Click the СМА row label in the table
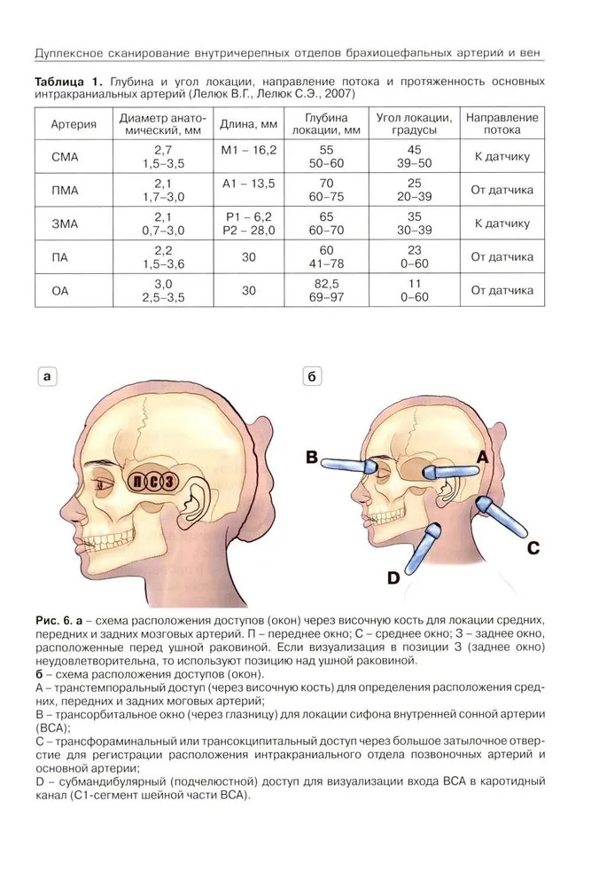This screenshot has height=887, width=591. (65, 157)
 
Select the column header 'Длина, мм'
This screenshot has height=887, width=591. (249, 124)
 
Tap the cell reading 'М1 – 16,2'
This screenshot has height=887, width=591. (249, 150)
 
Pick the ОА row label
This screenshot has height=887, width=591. (60, 291)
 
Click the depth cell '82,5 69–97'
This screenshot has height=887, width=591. (326, 290)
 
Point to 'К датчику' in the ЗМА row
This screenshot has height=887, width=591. (502, 224)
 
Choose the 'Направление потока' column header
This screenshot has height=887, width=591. (502, 123)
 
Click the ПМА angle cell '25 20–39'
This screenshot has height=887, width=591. (414, 190)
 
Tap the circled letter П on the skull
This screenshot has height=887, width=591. (137, 482)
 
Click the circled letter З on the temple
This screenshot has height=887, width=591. (168, 482)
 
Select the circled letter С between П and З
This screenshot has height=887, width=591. (153, 482)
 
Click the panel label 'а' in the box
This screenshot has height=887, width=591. (48, 376)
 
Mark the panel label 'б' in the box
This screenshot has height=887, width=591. (312, 376)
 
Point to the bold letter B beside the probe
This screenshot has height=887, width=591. (312, 457)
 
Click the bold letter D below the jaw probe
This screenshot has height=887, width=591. (393, 577)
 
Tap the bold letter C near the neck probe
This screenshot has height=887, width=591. (533, 547)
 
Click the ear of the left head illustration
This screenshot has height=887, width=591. (195, 499)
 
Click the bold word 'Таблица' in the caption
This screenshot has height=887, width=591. (58, 81)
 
